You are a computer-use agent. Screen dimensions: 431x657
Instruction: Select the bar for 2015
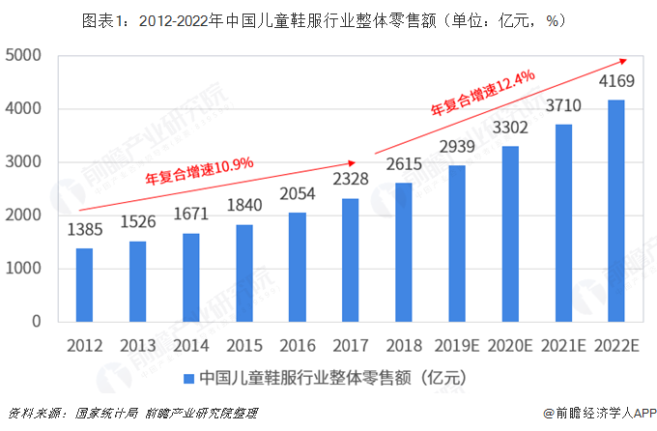(x=245, y=273)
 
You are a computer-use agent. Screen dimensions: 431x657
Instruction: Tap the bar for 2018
(x=404, y=252)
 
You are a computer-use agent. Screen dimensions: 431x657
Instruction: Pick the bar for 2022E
(x=616, y=211)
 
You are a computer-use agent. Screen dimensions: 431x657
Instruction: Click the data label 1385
(x=85, y=231)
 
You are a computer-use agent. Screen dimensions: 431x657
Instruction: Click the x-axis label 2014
(x=191, y=343)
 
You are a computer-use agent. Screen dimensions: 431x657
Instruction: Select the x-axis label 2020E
(x=510, y=343)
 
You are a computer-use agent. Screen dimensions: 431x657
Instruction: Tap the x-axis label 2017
(x=351, y=343)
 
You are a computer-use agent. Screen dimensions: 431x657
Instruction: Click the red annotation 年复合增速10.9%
(x=199, y=171)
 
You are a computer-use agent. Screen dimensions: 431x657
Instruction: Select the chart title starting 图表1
(x=328, y=17)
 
